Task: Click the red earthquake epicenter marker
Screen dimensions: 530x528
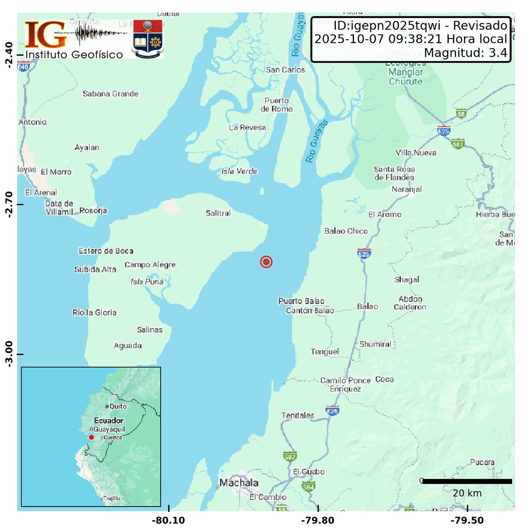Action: [266, 262]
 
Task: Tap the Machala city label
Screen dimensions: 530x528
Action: [239, 483]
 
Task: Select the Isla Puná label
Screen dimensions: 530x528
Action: [147, 282]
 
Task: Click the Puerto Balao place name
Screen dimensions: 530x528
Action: [302, 301]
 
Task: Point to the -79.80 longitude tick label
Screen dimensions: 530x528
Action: [318, 521]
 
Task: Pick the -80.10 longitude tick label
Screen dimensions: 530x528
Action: [168, 521]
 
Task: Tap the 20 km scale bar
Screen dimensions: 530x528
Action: [467, 481]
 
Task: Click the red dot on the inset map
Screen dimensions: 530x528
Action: [91, 437]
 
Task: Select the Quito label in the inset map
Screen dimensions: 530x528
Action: [118, 406]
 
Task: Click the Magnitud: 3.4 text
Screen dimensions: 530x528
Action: [465, 53]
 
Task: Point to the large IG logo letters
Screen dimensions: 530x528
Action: [46, 35]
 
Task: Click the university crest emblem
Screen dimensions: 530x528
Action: [148, 38]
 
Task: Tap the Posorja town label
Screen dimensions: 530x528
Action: [93, 211]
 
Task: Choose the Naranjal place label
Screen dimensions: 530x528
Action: [407, 189]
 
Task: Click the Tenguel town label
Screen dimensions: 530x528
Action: [325, 352]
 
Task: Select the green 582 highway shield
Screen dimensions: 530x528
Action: [458, 144]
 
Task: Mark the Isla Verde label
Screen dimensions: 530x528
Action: [239, 171]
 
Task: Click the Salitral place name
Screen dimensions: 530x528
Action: [218, 213]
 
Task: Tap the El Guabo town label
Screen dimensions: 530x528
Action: [309, 472]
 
